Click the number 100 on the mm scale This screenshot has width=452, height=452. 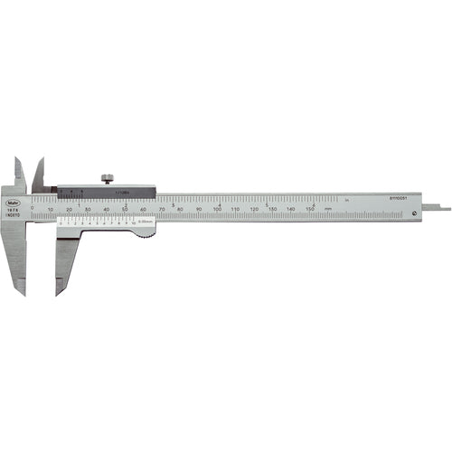click(x=217, y=209)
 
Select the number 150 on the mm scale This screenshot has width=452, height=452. click(x=308, y=209)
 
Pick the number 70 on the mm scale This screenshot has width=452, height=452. click(x=162, y=209)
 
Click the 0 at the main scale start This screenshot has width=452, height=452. click(x=33, y=209)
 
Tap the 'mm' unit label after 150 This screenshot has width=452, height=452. click(x=327, y=209)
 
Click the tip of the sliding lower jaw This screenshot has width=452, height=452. click(x=59, y=292)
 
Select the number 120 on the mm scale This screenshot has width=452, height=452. click(x=254, y=209)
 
